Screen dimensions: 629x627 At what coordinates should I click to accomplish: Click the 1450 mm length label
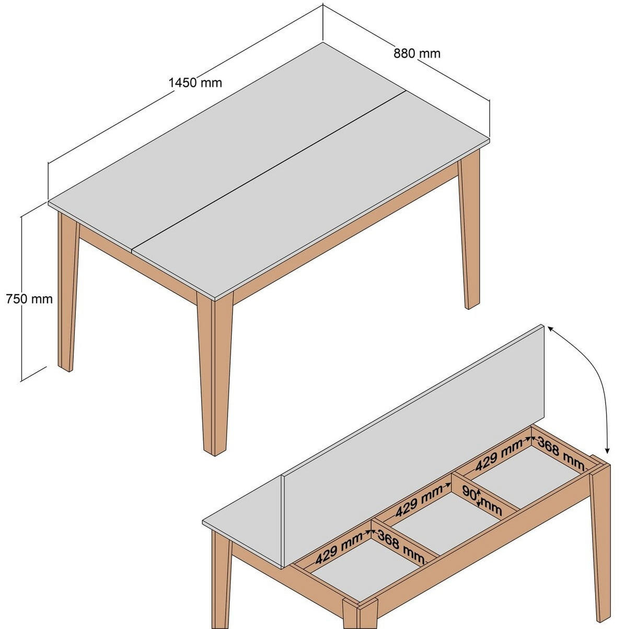195,83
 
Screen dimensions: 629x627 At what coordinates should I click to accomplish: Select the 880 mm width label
416,53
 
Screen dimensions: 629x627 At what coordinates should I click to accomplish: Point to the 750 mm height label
29,299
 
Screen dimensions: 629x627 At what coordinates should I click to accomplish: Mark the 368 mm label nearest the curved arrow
560,453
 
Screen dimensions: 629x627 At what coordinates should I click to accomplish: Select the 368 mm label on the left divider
401,547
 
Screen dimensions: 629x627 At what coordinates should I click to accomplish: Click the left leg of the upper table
67,293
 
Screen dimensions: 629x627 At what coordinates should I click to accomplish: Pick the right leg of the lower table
601,539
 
